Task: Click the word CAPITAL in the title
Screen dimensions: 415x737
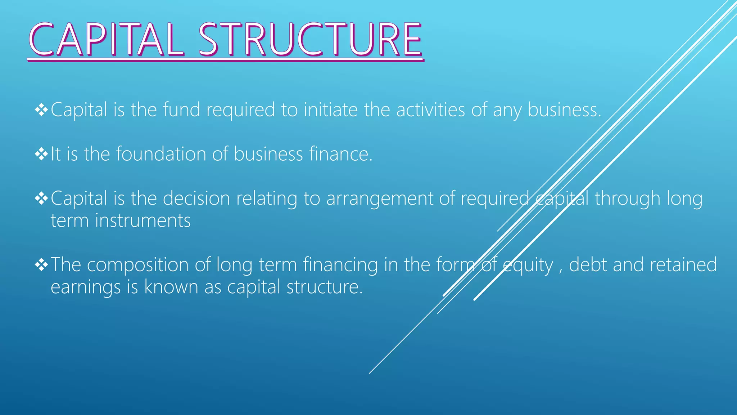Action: pos(107,40)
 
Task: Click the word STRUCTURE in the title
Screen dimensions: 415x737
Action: pos(310,40)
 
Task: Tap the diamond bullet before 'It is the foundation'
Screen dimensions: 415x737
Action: pos(41,155)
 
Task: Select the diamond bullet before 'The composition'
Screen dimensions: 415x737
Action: pos(41,265)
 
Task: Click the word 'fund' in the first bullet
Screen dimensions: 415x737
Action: pos(181,110)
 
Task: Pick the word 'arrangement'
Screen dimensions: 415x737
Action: pos(379,199)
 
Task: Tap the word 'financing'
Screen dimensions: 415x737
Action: pos(340,265)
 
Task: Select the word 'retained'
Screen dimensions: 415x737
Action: pos(683,264)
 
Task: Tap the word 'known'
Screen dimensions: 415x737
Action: pos(171,287)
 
